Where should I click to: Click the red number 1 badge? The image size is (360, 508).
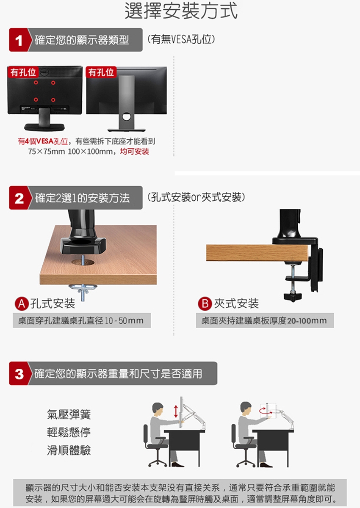pos(19,40)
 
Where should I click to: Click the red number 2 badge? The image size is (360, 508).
pos(19,198)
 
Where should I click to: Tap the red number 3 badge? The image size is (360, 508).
pos(19,373)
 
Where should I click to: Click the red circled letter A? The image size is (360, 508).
pos(22,304)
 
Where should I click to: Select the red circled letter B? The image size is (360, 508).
pos(205,304)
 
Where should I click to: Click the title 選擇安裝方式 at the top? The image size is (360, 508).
pos(181,11)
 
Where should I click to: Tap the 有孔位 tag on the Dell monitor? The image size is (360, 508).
pos(23,72)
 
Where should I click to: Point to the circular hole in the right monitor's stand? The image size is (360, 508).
pos(126,116)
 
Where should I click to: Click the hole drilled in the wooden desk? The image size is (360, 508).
pos(83,262)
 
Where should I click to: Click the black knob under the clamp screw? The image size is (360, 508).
pos(293,297)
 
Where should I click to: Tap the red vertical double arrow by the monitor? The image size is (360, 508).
pos(176,411)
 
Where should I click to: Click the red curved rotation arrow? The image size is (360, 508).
pos(266,410)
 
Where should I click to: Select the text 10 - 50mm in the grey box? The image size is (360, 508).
pos(125,321)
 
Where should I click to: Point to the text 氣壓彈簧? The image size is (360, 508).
pos(69,414)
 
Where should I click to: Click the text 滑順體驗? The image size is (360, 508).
pos(69,450)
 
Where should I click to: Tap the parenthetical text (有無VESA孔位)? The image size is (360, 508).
pos(181,39)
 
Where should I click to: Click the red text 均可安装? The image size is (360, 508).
pos(135,151)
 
